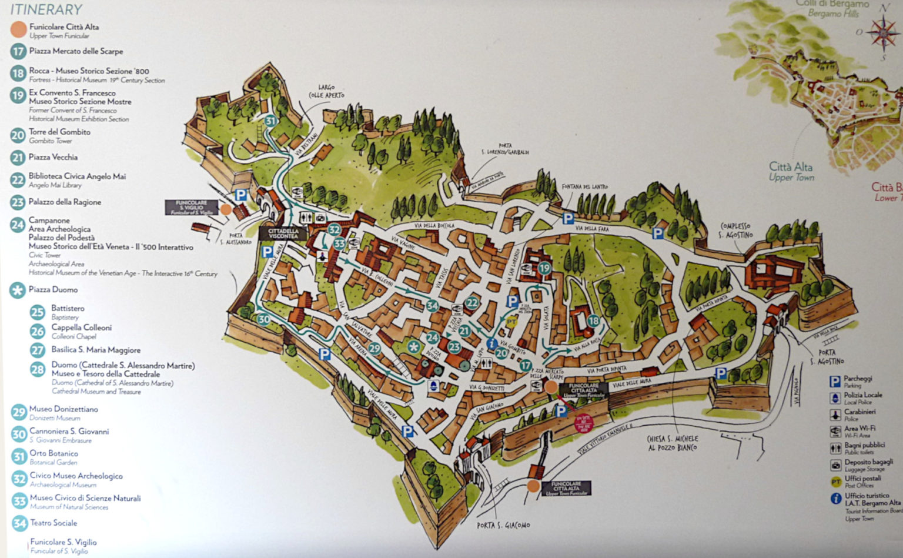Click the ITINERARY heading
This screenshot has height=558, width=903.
click(46, 9)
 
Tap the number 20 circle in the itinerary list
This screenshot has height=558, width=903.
click(18, 136)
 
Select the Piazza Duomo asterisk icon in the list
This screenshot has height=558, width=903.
click(18, 290)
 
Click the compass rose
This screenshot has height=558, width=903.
click(882, 32)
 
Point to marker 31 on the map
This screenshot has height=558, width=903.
click(270, 121)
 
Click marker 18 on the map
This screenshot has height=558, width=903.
click(593, 320)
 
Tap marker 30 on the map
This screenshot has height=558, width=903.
click(263, 320)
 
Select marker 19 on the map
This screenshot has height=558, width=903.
click(544, 269)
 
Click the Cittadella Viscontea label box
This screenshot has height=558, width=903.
click(283, 233)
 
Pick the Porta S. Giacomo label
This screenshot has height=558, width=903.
click(503, 525)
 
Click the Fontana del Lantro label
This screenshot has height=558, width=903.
click(584, 187)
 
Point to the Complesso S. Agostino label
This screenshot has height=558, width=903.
click(735, 230)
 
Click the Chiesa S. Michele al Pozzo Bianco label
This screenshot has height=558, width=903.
click(673, 443)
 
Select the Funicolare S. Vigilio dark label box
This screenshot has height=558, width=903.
click(192, 207)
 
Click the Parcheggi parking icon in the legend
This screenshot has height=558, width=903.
click(835, 382)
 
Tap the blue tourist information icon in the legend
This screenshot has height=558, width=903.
click(835, 499)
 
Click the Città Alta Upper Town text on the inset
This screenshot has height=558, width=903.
click(791, 171)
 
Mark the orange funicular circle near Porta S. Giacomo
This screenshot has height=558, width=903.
click(533, 486)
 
